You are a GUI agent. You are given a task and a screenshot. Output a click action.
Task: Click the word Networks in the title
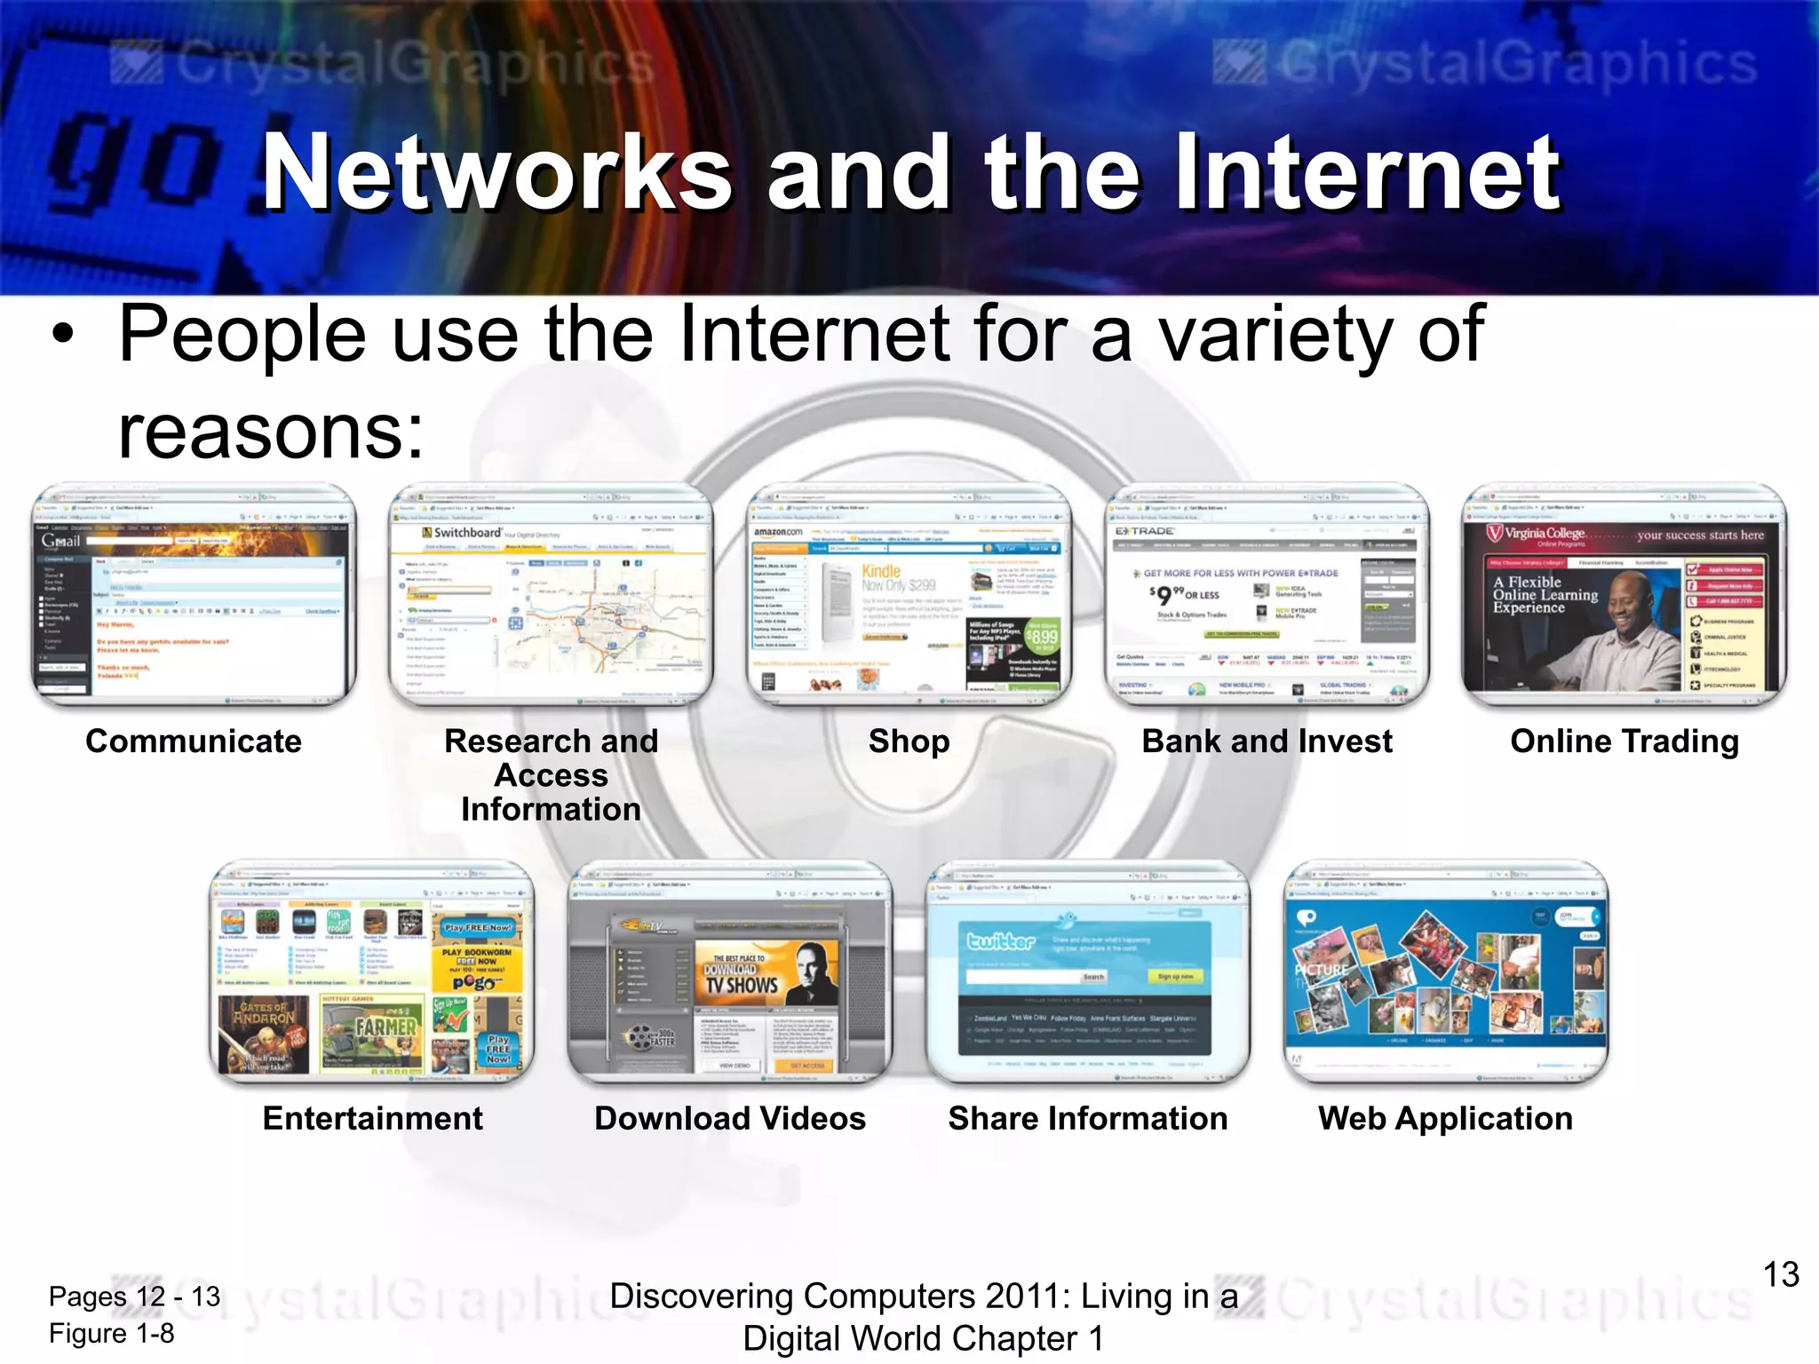point(497,173)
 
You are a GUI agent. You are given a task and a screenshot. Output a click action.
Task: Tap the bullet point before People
point(62,336)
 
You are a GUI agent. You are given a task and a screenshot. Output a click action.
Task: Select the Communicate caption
point(194,741)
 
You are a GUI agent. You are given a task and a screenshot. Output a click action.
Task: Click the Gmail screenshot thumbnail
point(194,595)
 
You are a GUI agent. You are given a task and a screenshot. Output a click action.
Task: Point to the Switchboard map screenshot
point(552,595)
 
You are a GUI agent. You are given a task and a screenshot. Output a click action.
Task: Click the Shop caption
point(909,741)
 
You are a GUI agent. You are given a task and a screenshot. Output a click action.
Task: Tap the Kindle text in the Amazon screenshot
point(881,571)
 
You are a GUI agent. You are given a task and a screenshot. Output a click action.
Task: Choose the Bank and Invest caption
point(1267,741)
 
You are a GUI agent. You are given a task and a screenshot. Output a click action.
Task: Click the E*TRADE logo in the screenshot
point(1145,531)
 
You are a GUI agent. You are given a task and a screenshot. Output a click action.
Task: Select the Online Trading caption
point(1624,741)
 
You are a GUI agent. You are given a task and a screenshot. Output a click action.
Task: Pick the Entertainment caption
point(372,1118)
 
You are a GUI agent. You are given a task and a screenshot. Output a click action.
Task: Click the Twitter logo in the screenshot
point(1001,940)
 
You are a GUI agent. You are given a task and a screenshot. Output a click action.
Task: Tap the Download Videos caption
point(730,1118)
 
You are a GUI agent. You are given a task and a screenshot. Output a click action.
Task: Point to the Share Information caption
point(1088,1118)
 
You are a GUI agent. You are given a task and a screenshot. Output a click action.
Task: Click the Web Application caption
point(1445,1118)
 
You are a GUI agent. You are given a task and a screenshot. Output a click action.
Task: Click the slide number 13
point(1780,1275)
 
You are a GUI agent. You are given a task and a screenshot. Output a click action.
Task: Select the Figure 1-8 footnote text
point(112,1333)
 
